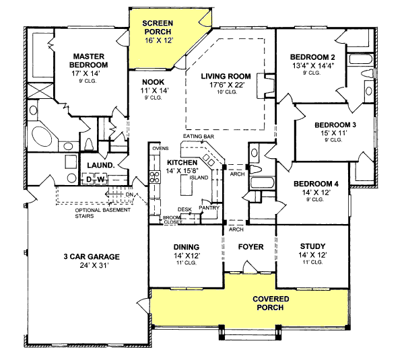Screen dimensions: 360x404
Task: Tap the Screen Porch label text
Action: (x=158, y=27)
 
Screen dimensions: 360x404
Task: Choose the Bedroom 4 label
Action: (x=312, y=182)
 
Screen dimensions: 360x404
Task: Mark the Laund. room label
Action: (x=99, y=165)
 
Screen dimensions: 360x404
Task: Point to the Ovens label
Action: (x=160, y=147)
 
